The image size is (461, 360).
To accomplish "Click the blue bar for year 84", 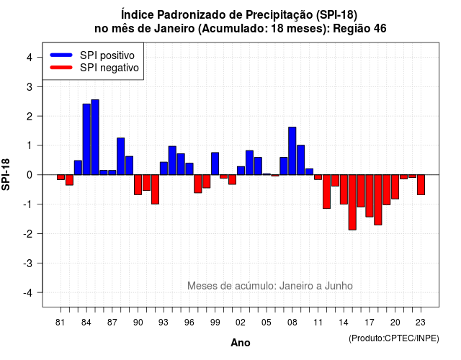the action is (x=86, y=139).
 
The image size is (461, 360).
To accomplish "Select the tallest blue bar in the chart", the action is (x=95, y=138).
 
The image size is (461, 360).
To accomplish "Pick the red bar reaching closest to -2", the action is (x=352, y=202).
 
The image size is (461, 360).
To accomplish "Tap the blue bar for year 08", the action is (x=292, y=151).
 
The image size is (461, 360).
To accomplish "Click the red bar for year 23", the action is (x=421, y=185).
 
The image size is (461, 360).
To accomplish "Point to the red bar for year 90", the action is (x=138, y=185).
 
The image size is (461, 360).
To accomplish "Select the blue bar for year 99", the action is (x=215, y=163).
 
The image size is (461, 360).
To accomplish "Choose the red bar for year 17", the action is (x=370, y=196).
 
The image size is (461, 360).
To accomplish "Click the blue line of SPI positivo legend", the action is (x=61, y=55).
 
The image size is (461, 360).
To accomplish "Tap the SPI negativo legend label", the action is (x=109, y=68).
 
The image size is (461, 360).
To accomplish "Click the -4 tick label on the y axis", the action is (x=28, y=293).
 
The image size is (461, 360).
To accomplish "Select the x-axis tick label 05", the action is (x=267, y=323).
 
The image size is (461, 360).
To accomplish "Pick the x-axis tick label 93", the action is (x=164, y=323).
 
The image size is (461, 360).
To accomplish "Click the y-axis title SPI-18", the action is (x=6, y=174).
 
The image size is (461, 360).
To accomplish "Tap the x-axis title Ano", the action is (x=241, y=343).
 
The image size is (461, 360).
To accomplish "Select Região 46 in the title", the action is (x=359, y=29).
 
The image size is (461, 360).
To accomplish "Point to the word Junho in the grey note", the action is (x=339, y=286).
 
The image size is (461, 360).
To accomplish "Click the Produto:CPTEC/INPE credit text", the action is (x=394, y=338).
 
